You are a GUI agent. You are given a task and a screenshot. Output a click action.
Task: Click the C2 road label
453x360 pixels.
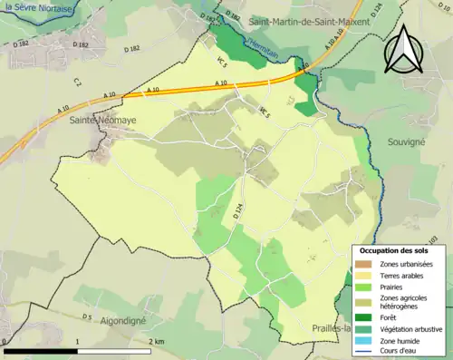(78, 83)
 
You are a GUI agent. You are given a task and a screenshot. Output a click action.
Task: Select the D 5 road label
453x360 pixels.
(87, 316)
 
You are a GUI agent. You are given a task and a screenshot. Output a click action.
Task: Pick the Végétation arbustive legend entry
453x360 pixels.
(406, 328)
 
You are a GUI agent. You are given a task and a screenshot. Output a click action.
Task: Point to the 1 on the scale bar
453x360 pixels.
(78, 341)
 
